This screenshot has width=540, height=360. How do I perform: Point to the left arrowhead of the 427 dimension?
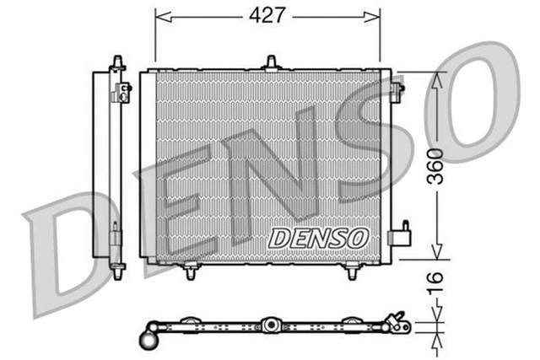tap(161, 14)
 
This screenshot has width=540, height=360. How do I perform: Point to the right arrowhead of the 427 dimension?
tap(375, 14)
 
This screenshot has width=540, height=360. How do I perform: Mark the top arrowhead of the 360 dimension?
tap(437, 78)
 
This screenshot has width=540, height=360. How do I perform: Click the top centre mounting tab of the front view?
tap(271, 62)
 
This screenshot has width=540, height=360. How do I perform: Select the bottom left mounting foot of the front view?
tap(191, 271)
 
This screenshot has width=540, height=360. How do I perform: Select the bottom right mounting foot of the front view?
tap(353, 271)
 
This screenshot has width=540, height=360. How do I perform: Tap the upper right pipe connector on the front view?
tap(397, 88)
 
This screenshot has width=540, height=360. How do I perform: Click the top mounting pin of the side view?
tap(116, 62)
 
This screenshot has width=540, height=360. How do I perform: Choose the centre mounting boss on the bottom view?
tap(270, 325)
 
